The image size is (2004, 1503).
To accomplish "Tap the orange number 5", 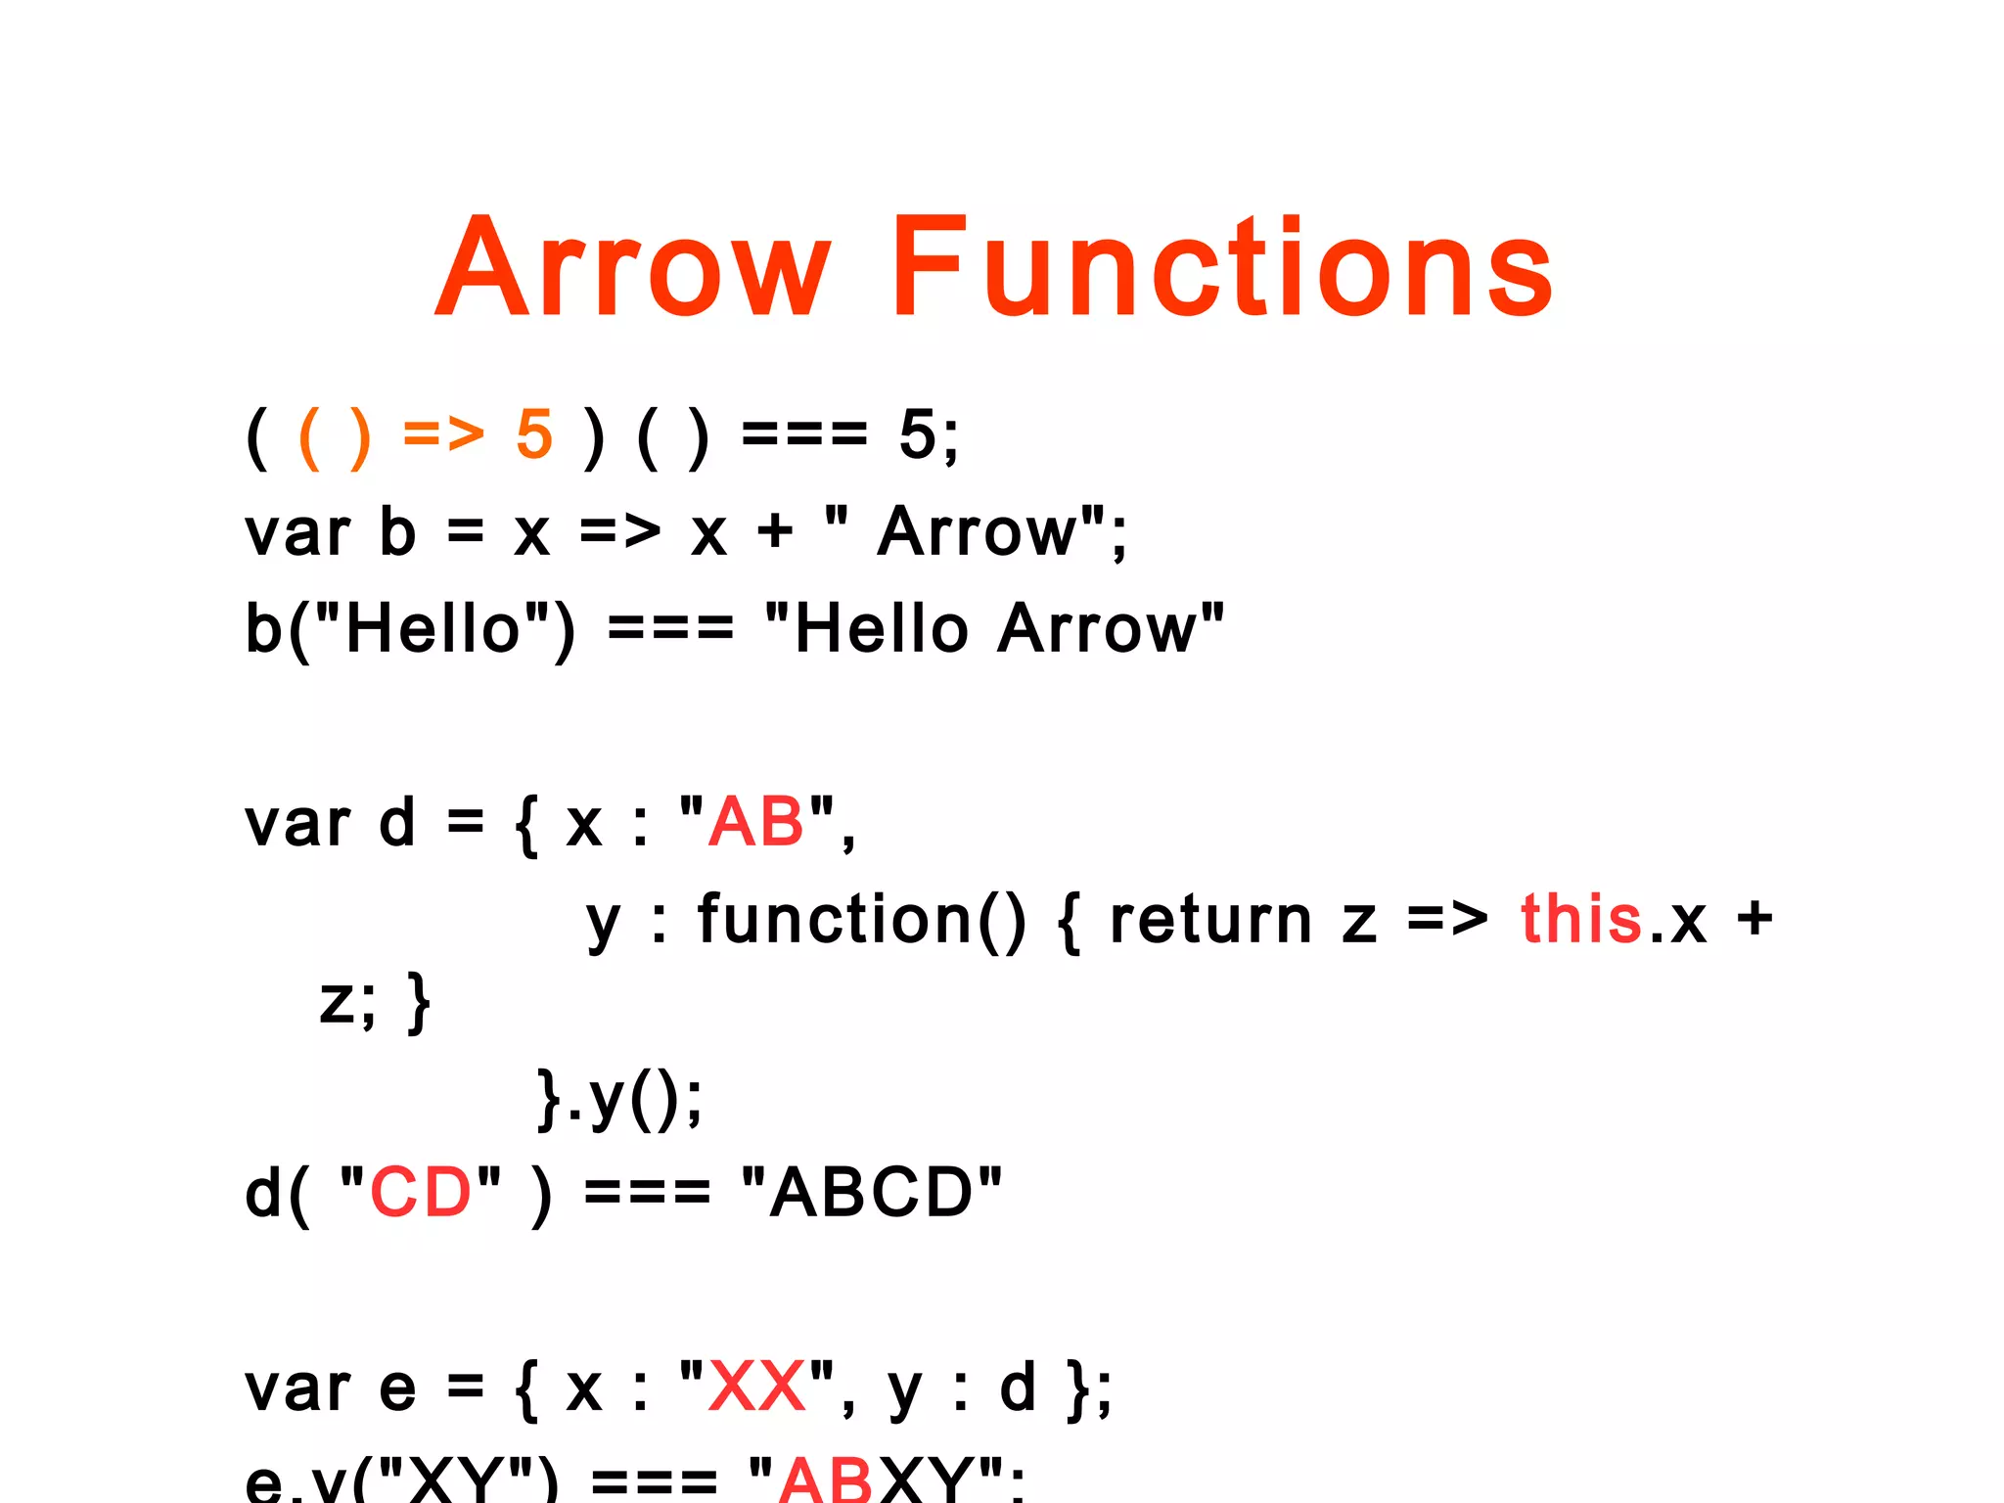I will point(534,434).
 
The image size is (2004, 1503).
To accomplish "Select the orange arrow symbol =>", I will point(443,434).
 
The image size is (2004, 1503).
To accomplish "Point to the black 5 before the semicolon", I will point(918,434).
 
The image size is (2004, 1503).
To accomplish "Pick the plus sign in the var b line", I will point(775,533).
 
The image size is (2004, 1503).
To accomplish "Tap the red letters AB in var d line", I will point(756,822).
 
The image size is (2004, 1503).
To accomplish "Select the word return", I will point(1210,920).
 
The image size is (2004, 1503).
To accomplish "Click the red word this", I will point(1580,920).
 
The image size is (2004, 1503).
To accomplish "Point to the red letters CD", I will point(421,1193).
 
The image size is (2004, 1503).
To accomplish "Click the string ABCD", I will point(872,1193).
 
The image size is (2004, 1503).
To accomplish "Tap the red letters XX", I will point(757,1388).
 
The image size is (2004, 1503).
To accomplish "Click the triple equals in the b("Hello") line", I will point(670,628).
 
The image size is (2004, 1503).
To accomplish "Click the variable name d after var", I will point(397,822).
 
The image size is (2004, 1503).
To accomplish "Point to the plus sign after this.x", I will point(1754,920).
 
